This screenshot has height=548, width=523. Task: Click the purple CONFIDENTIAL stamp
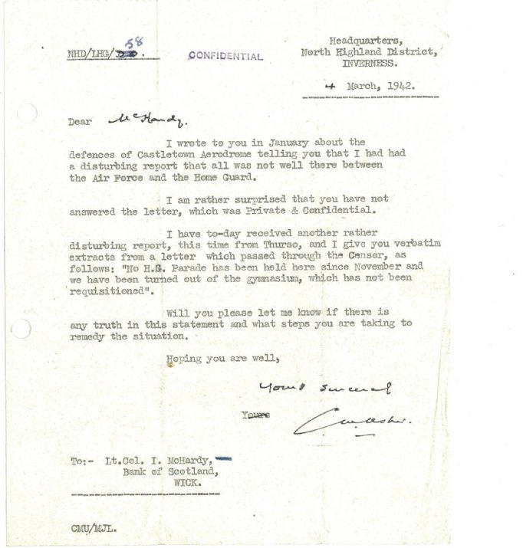[x=225, y=56]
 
